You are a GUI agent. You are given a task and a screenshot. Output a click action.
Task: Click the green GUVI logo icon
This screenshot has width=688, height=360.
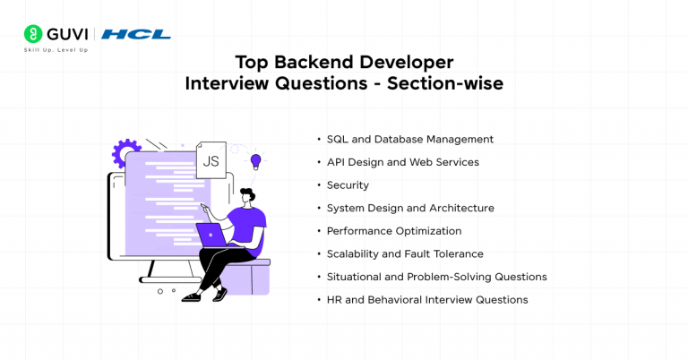tap(33, 34)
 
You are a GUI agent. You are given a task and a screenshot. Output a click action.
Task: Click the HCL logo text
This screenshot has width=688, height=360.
tap(135, 34)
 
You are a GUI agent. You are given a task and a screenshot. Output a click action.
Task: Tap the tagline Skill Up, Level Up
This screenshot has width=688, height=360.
tap(56, 50)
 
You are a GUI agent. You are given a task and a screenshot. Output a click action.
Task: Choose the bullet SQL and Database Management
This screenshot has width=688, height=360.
tap(409, 140)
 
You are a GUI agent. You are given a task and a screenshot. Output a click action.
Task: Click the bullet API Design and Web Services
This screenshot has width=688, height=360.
tap(402, 162)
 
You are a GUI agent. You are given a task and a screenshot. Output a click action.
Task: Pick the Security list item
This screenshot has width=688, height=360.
tap(348, 185)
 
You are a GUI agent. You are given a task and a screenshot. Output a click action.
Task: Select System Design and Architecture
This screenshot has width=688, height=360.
tap(410, 208)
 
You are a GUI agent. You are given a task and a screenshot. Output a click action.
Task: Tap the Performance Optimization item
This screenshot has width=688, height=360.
tap(394, 231)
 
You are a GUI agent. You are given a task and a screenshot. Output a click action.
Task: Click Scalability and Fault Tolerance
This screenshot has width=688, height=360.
tap(405, 254)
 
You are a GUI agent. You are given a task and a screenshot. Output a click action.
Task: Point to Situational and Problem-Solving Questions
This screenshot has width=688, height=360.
tap(436, 277)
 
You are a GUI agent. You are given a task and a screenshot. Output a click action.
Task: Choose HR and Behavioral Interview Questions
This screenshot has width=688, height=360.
tap(427, 300)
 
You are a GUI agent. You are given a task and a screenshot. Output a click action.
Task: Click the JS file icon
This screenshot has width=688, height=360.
tap(211, 160)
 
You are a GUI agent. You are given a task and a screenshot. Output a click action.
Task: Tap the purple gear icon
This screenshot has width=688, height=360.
tap(125, 153)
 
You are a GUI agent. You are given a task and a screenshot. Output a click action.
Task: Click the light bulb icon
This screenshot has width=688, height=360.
tap(255, 161)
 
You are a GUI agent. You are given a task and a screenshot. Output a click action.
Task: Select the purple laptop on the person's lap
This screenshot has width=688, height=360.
tap(213, 235)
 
